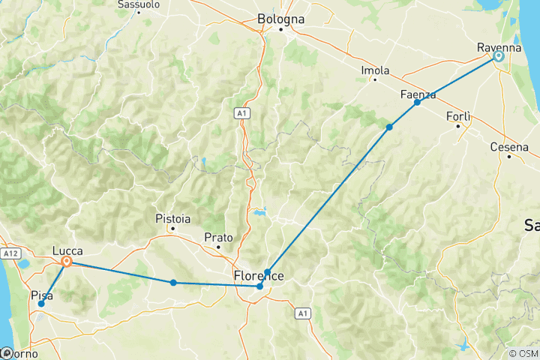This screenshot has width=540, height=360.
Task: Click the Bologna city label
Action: point(281,18)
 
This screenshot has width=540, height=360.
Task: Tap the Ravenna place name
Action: point(499,48)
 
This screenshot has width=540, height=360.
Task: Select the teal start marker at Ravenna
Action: point(499,56)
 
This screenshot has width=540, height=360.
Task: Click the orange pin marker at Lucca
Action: point(67,262)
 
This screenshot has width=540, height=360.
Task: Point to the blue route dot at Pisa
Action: point(41,304)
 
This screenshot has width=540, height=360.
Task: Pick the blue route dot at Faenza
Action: point(418,102)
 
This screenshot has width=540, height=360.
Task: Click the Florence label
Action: point(259,275)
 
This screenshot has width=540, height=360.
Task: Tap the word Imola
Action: point(375,70)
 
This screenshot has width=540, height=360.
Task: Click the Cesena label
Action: point(509,146)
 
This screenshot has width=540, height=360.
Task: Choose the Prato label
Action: point(218,237)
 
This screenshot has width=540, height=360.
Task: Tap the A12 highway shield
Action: point(10,254)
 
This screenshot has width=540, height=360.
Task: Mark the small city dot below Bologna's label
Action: point(281,30)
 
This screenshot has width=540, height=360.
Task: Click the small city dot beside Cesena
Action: point(508,156)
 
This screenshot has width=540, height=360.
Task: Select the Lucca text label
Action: point(68,250)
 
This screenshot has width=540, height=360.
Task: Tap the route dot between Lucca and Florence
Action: point(173,283)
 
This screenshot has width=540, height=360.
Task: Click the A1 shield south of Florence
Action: point(302,313)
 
